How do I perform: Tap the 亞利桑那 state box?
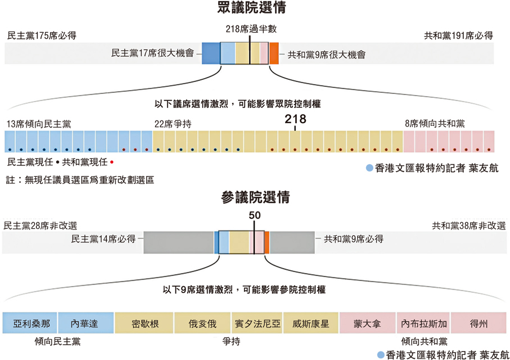[x=30, y=324]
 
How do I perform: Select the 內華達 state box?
[x=85, y=324]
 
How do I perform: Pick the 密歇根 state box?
[x=144, y=324]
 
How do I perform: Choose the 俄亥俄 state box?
[x=202, y=324]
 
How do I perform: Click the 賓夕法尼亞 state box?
[x=256, y=324]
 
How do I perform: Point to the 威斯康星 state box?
[x=310, y=324]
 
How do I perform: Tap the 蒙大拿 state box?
[x=367, y=324]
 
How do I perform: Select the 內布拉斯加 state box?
[x=424, y=324]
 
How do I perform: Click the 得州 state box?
[x=479, y=324]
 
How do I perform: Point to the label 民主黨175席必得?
[x=42, y=36]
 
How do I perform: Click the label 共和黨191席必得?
[x=458, y=36]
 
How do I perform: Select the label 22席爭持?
[x=173, y=124]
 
